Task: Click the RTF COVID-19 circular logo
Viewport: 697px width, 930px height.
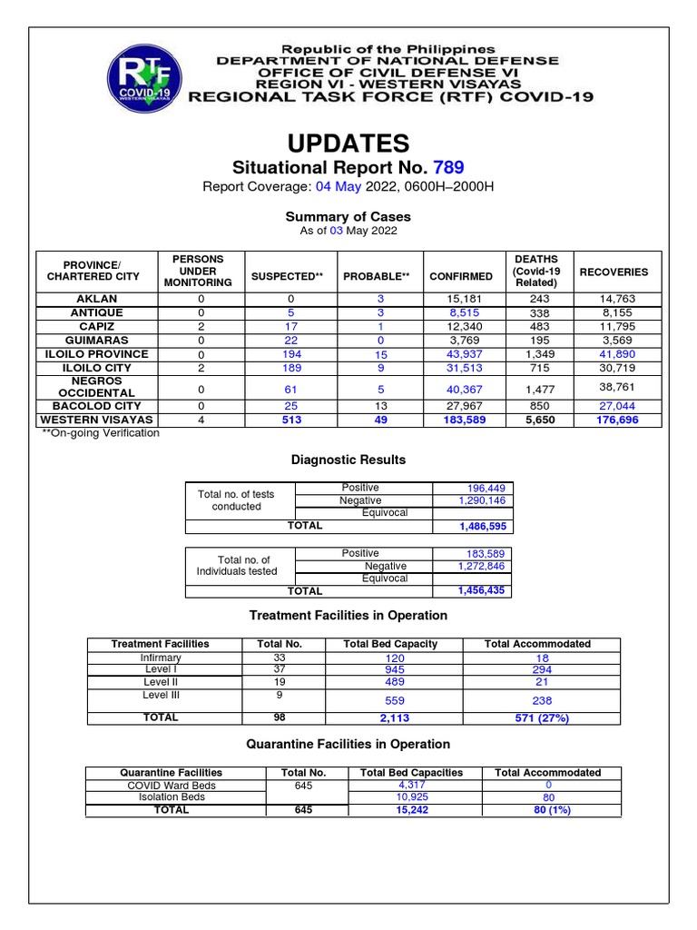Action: click(x=143, y=80)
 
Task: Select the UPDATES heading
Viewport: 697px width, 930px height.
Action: click(x=348, y=143)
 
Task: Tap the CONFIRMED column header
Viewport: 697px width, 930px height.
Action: click(x=461, y=276)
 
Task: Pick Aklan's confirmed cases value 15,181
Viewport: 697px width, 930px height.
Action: click(x=461, y=299)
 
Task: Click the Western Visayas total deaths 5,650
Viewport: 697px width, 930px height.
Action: click(x=536, y=420)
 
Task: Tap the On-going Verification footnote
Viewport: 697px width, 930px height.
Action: click(x=101, y=434)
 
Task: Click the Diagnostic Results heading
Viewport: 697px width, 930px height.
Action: click(x=348, y=460)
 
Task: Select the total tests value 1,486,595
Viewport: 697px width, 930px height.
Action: click(x=470, y=527)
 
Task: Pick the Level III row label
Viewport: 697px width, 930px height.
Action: click(x=162, y=695)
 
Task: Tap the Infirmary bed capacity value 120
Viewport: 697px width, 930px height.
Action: click(x=394, y=658)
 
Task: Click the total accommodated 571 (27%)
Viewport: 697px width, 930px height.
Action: click(x=542, y=718)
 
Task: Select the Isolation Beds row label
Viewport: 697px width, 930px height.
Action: click(x=172, y=797)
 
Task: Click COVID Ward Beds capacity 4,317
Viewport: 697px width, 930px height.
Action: click(x=411, y=785)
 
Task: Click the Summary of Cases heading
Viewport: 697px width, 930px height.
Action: click(x=348, y=217)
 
